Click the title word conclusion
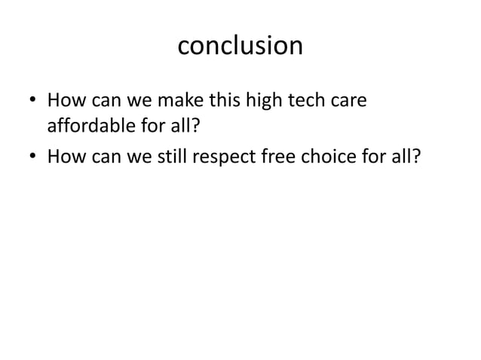click(240, 47)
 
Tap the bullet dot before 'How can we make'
click(33, 101)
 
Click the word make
click(179, 100)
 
